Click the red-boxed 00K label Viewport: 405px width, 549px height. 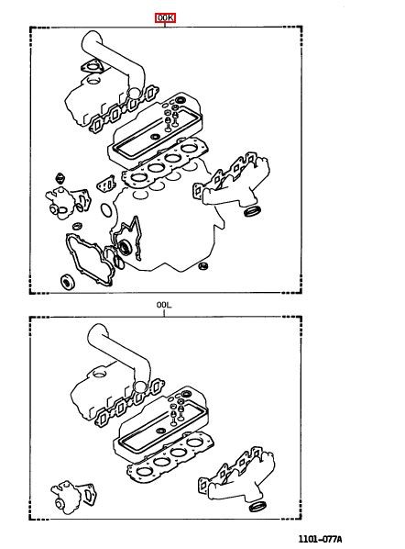[165, 17]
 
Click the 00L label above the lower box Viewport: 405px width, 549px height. [164, 305]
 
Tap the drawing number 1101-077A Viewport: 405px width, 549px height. [320, 539]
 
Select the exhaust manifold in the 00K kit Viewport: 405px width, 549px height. [232, 182]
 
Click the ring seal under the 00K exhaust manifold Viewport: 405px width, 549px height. [252, 211]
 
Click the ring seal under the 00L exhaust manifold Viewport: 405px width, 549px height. [257, 506]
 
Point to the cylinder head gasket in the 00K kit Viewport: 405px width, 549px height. [164, 164]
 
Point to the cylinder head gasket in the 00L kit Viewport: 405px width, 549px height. [170, 459]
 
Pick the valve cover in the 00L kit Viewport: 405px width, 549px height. [160, 424]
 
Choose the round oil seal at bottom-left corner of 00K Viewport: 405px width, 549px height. [68, 282]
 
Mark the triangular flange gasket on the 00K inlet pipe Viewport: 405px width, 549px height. [93, 66]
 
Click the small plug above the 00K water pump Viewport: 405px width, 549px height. [60, 179]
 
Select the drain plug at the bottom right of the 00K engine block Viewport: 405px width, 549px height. [203, 266]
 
